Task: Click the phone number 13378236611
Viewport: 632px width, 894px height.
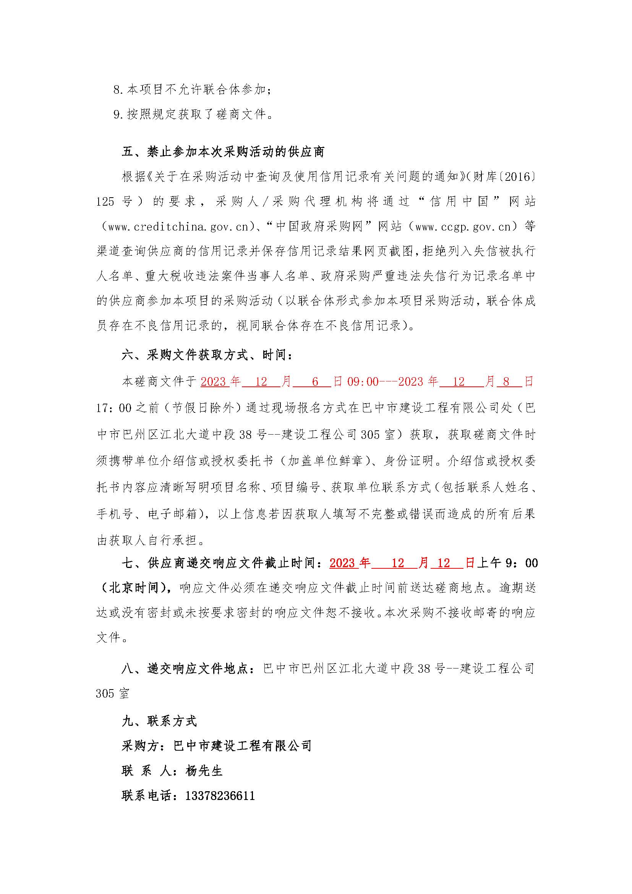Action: click(220, 795)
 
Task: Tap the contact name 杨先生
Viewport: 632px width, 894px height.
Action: click(204, 771)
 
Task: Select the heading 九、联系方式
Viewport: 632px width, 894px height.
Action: click(160, 721)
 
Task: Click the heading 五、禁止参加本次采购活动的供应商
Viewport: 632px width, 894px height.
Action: click(223, 152)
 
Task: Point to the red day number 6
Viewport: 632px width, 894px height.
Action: click(315, 381)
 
